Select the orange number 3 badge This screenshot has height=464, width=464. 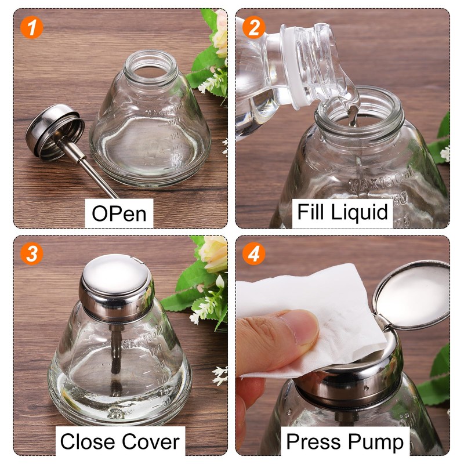[x=31, y=254]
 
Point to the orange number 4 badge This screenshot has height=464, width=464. [x=253, y=254]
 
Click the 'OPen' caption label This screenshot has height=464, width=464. [x=119, y=213]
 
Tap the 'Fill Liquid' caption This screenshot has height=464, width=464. [x=342, y=212]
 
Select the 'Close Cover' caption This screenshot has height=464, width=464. [x=119, y=442]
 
